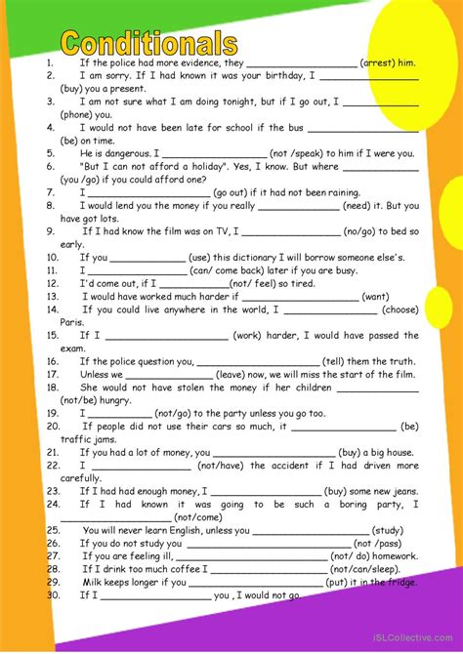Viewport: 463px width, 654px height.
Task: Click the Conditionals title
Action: pyautogui.click(x=148, y=42)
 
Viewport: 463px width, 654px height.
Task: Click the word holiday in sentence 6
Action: pyautogui.click(x=204, y=166)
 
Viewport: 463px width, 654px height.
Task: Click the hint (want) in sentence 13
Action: pyautogui.click(x=375, y=296)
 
